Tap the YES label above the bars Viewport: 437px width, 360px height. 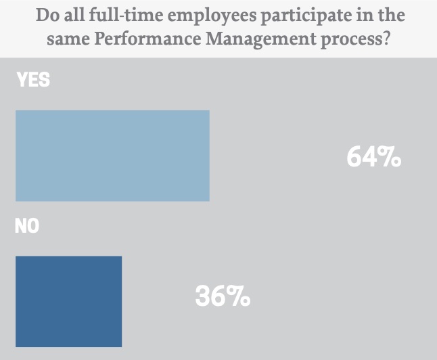point(32,81)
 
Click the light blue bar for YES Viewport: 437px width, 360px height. point(112,156)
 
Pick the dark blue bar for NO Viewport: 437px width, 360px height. point(68,301)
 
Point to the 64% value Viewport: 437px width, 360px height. point(373,158)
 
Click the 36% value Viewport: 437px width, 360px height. point(223,296)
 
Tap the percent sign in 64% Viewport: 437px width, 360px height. point(389,158)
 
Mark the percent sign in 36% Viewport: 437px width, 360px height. point(238,296)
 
